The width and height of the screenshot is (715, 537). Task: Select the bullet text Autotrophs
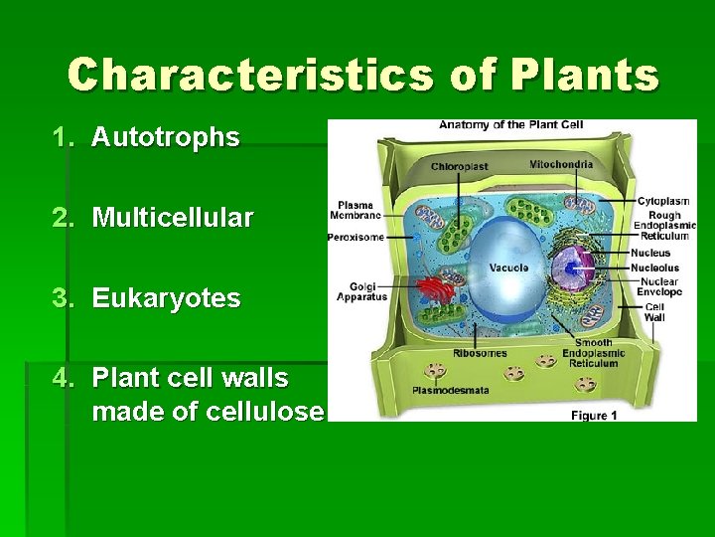(165, 137)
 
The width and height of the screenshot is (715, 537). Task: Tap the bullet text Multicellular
(173, 218)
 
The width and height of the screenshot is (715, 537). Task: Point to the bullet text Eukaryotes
(166, 298)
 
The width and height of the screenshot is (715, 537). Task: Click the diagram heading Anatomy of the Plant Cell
(511, 125)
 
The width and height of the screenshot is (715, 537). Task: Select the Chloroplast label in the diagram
(459, 166)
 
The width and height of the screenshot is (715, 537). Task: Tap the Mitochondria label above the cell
(561, 164)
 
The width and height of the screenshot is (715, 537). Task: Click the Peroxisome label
(356, 237)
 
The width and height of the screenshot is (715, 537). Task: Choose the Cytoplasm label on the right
(658, 200)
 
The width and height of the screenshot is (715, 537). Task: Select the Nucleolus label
(654, 268)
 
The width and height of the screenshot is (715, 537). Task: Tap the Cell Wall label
(654, 311)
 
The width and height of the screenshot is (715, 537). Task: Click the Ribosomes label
(480, 353)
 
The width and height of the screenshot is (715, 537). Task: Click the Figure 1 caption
(594, 415)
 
